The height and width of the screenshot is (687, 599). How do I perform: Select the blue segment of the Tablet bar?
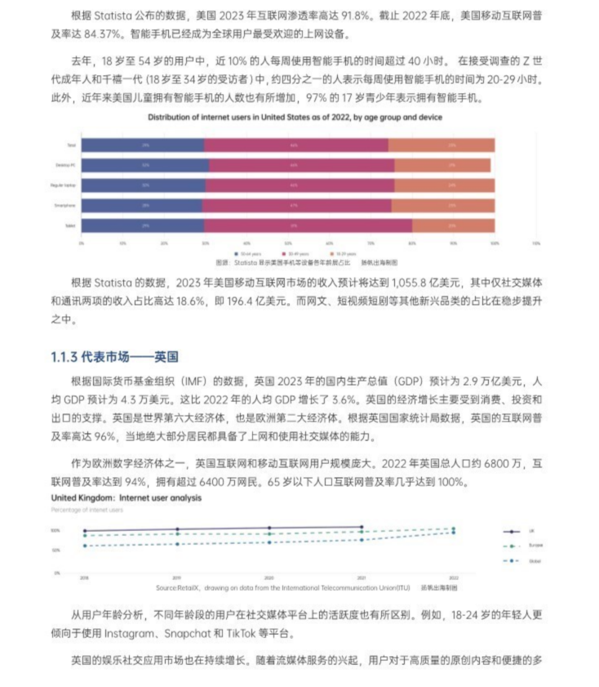click(142, 225)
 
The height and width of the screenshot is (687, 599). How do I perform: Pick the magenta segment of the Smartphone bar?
click(297, 205)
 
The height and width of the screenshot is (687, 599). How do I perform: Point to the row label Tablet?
click(70, 225)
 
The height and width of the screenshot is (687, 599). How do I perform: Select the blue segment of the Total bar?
click(142, 145)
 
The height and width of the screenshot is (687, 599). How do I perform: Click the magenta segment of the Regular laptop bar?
click(297, 185)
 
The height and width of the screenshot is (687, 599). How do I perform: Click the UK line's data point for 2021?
click(362, 527)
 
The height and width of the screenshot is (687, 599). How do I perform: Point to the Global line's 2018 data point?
click(84, 546)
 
